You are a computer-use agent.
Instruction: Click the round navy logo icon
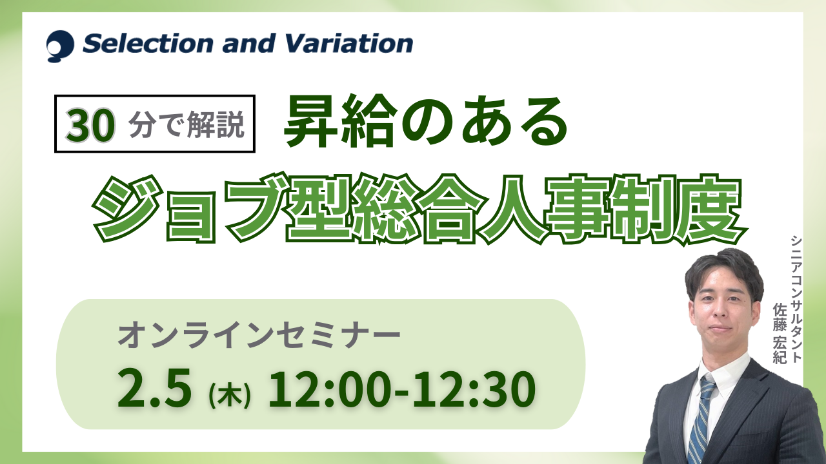(x=60, y=46)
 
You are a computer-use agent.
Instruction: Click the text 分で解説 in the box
(x=186, y=124)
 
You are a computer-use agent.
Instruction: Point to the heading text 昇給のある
(x=426, y=121)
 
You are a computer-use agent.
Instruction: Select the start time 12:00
(x=328, y=389)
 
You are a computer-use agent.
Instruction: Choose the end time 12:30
(x=474, y=389)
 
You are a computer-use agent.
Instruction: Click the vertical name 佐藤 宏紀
(x=780, y=333)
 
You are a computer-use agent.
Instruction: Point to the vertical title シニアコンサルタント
(x=796, y=299)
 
